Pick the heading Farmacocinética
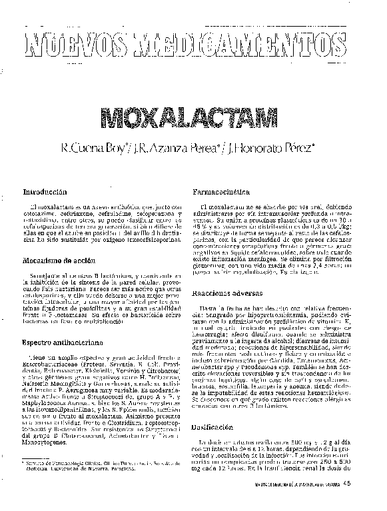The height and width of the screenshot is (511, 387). (221, 191)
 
